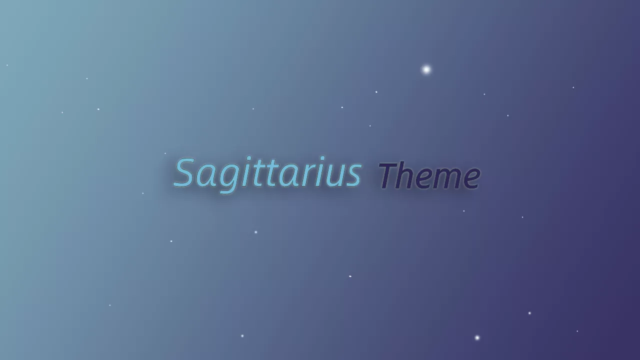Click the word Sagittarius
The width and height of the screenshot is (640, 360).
267,173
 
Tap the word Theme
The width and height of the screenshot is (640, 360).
429,176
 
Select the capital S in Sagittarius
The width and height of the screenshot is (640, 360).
184,173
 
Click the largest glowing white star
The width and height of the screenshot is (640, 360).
426,69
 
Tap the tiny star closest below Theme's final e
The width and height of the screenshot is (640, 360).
463,211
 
